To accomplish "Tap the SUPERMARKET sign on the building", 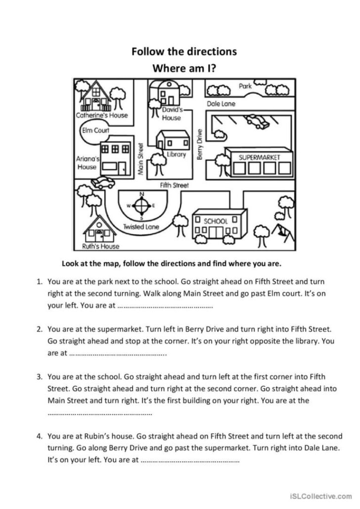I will (x=260, y=157).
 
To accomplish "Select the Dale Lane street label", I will (x=221, y=104).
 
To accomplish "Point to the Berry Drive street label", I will (x=200, y=144).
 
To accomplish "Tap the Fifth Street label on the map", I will (x=174, y=185).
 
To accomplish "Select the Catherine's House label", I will (x=101, y=115).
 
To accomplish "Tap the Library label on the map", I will (x=176, y=154).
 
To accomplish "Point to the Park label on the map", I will (x=245, y=86).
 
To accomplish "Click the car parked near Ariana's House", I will (x=103, y=182).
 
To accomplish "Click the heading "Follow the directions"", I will (x=184, y=51).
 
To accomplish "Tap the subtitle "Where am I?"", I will (x=184, y=68).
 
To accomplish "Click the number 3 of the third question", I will (x=39, y=377).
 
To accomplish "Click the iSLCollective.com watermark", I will (x=323, y=495).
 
